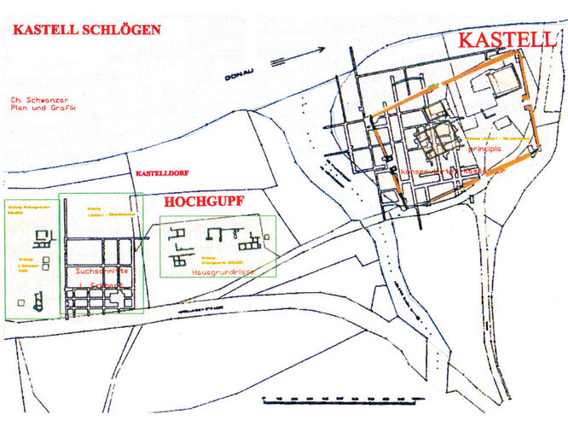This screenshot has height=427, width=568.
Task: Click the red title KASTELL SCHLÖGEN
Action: point(86,29)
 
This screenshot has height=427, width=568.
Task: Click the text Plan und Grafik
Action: point(38,109)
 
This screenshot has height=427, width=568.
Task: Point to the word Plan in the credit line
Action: point(15,109)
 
